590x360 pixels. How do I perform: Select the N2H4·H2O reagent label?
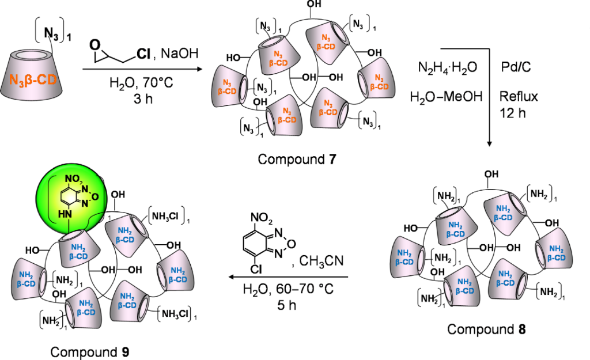448,67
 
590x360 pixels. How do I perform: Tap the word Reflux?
519,96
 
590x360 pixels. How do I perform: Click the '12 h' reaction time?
513,112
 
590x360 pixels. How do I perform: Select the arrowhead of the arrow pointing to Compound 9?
229,278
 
